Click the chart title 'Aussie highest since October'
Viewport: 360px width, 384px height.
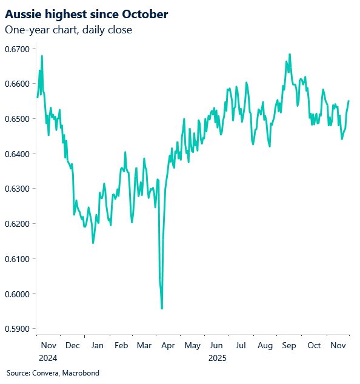point(87,13)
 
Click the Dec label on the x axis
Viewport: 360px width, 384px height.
point(72,346)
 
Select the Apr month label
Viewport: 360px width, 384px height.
point(168,346)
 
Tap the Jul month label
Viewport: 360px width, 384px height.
point(241,346)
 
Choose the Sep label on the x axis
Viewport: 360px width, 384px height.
point(289,346)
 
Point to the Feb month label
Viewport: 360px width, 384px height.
point(121,346)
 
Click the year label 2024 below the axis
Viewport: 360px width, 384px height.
point(48,358)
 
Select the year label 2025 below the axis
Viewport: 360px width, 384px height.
point(217,358)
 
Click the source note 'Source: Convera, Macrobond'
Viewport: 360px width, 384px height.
point(53,372)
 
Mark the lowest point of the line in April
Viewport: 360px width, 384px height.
point(162,309)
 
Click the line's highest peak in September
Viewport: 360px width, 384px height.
point(290,54)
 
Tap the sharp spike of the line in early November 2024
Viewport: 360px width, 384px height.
point(42,56)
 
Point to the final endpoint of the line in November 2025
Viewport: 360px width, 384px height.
point(348,101)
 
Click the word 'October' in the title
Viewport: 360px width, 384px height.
point(147,13)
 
